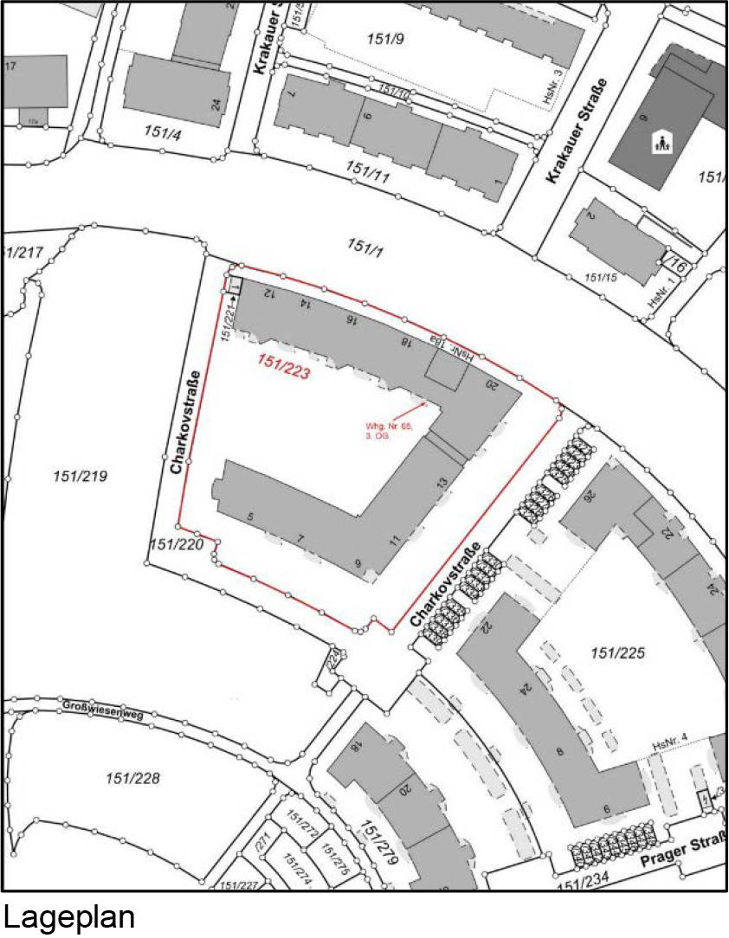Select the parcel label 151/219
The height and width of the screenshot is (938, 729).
pyautogui.click(x=80, y=476)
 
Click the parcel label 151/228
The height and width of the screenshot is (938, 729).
pyautogui.click(x=132, y=777)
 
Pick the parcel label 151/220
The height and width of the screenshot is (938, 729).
pyautogui.click(x=176, y=544)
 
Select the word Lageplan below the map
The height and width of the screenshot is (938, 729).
pyautogui.click(x=68, y=916)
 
